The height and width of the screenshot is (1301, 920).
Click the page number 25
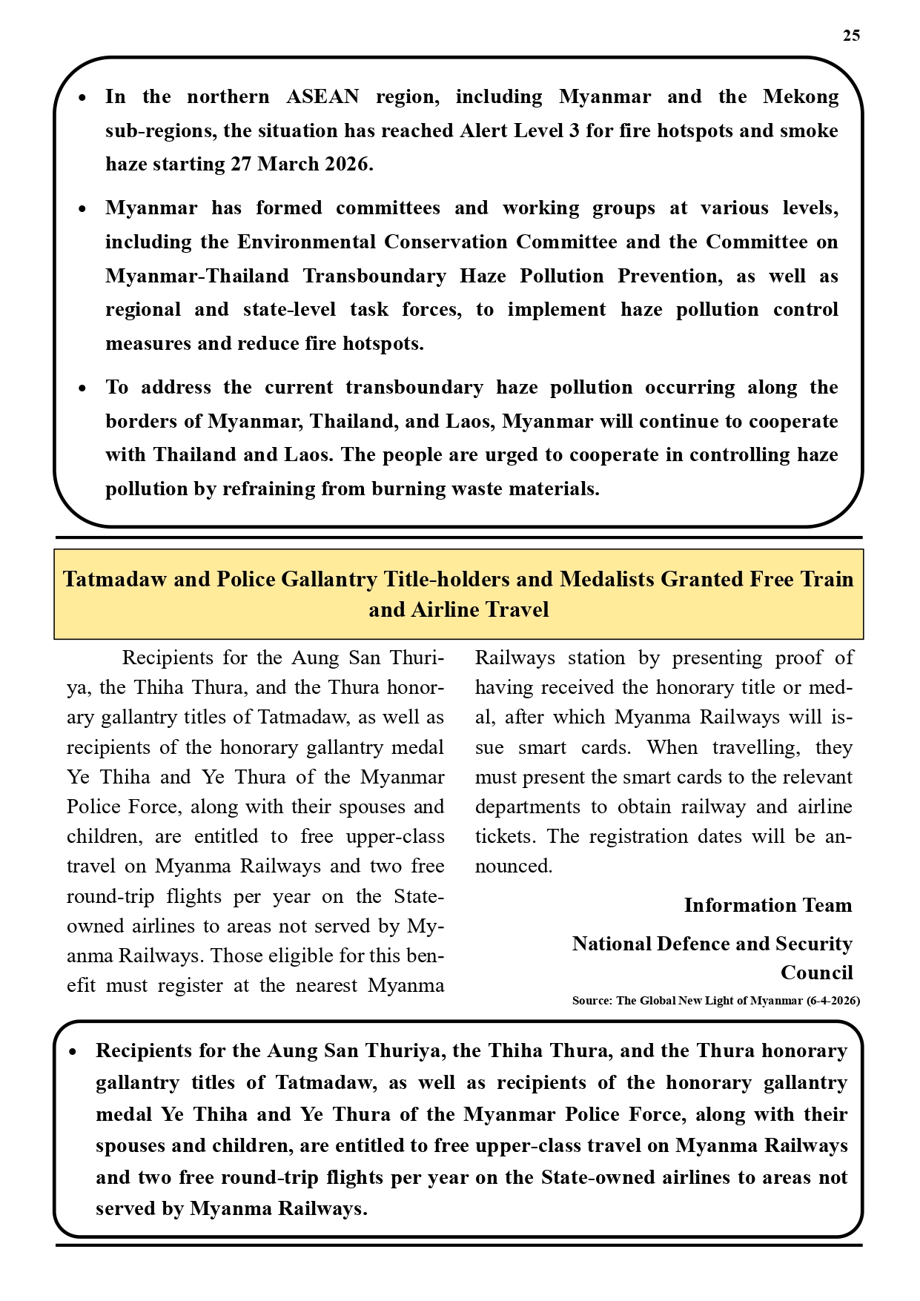851,36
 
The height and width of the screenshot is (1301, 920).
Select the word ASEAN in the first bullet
322,97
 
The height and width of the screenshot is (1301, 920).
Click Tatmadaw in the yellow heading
115,579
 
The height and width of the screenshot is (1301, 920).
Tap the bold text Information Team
767,905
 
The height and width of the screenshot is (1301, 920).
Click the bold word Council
816,973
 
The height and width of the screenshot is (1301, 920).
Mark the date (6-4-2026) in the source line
833,1001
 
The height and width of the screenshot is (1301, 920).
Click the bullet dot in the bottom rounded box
73,1052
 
